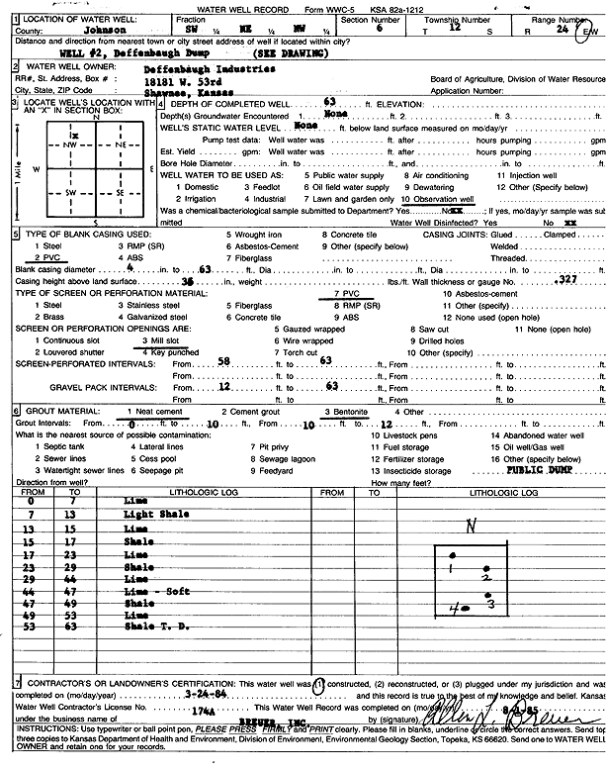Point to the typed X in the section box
(47, 134)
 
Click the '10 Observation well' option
(438, 199)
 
